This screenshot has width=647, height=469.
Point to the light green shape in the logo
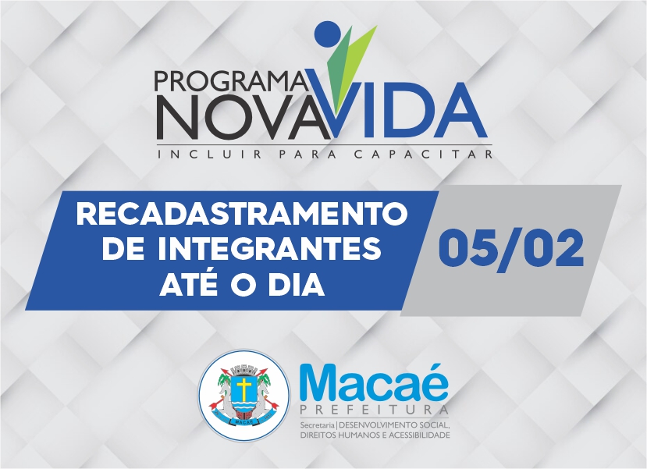(x=358, y=62)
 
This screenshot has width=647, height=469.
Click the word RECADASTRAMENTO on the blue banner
(x=242, y=215)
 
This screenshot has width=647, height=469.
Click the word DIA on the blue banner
(x=296, y=285)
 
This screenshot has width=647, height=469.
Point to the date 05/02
(x=511, y=249)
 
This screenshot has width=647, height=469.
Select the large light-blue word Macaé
(x=374, y=382)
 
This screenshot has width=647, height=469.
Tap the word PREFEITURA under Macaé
(x=375, y=410)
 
